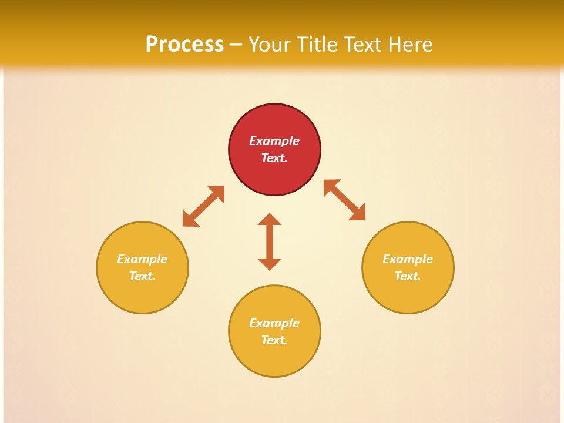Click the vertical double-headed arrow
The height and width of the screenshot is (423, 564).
[x=270, y=241]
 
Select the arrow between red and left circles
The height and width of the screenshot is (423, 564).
[x=203, y=206]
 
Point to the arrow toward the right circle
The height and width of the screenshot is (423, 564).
[x=345, y=200]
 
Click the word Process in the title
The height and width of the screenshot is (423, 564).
[x=184, y=44]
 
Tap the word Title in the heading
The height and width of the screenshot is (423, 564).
[x=318, y=44]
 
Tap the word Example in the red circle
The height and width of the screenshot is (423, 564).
[x=274, y=141]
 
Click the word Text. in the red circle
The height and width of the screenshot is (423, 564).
[x=274, y=158]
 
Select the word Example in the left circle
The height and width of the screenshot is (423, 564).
[x=142, y=259]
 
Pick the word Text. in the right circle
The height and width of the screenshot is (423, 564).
[x=408, y=276]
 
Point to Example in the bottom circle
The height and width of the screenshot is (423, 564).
[x=274, y=323]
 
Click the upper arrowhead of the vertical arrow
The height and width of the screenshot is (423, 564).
[x=270, y=219]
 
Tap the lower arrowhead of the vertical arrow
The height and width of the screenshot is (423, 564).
[x=270, y=263]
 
